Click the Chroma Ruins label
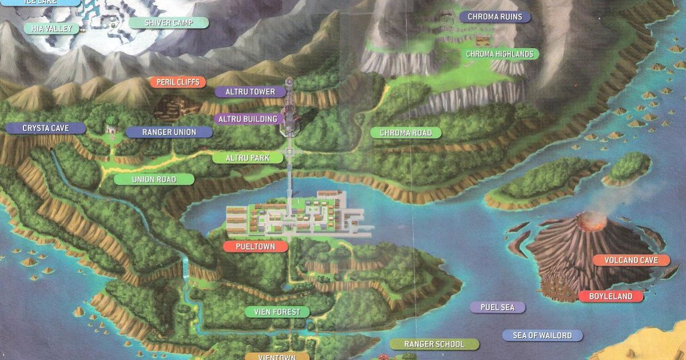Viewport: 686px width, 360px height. (x=494, y=17)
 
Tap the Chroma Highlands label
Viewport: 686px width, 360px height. (x=499, y=54)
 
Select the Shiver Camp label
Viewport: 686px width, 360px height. (x=168, y=23)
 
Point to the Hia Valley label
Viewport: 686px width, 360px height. (x=51, y=27)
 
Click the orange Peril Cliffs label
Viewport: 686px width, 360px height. (x=177, y=82)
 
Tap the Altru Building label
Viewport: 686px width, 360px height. (x=248, y=119)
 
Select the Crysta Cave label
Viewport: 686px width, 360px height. (x=46, y=128)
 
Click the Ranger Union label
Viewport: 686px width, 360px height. (x=169, y=132)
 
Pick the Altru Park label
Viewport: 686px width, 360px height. (x=247, y=157)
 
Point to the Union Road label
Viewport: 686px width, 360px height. (x=154, y=179)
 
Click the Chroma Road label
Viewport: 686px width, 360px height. (x=405, y=133)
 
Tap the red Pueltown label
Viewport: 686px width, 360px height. (x=254, y=247)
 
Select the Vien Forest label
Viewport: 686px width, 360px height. (x=277, y=312)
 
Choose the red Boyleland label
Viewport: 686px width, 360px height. (x=611, y=296)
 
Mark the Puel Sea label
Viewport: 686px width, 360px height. (x=497, y=307)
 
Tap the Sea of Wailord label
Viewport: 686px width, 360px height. (x=542, y=335)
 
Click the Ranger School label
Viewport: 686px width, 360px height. (x=434, y=344)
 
